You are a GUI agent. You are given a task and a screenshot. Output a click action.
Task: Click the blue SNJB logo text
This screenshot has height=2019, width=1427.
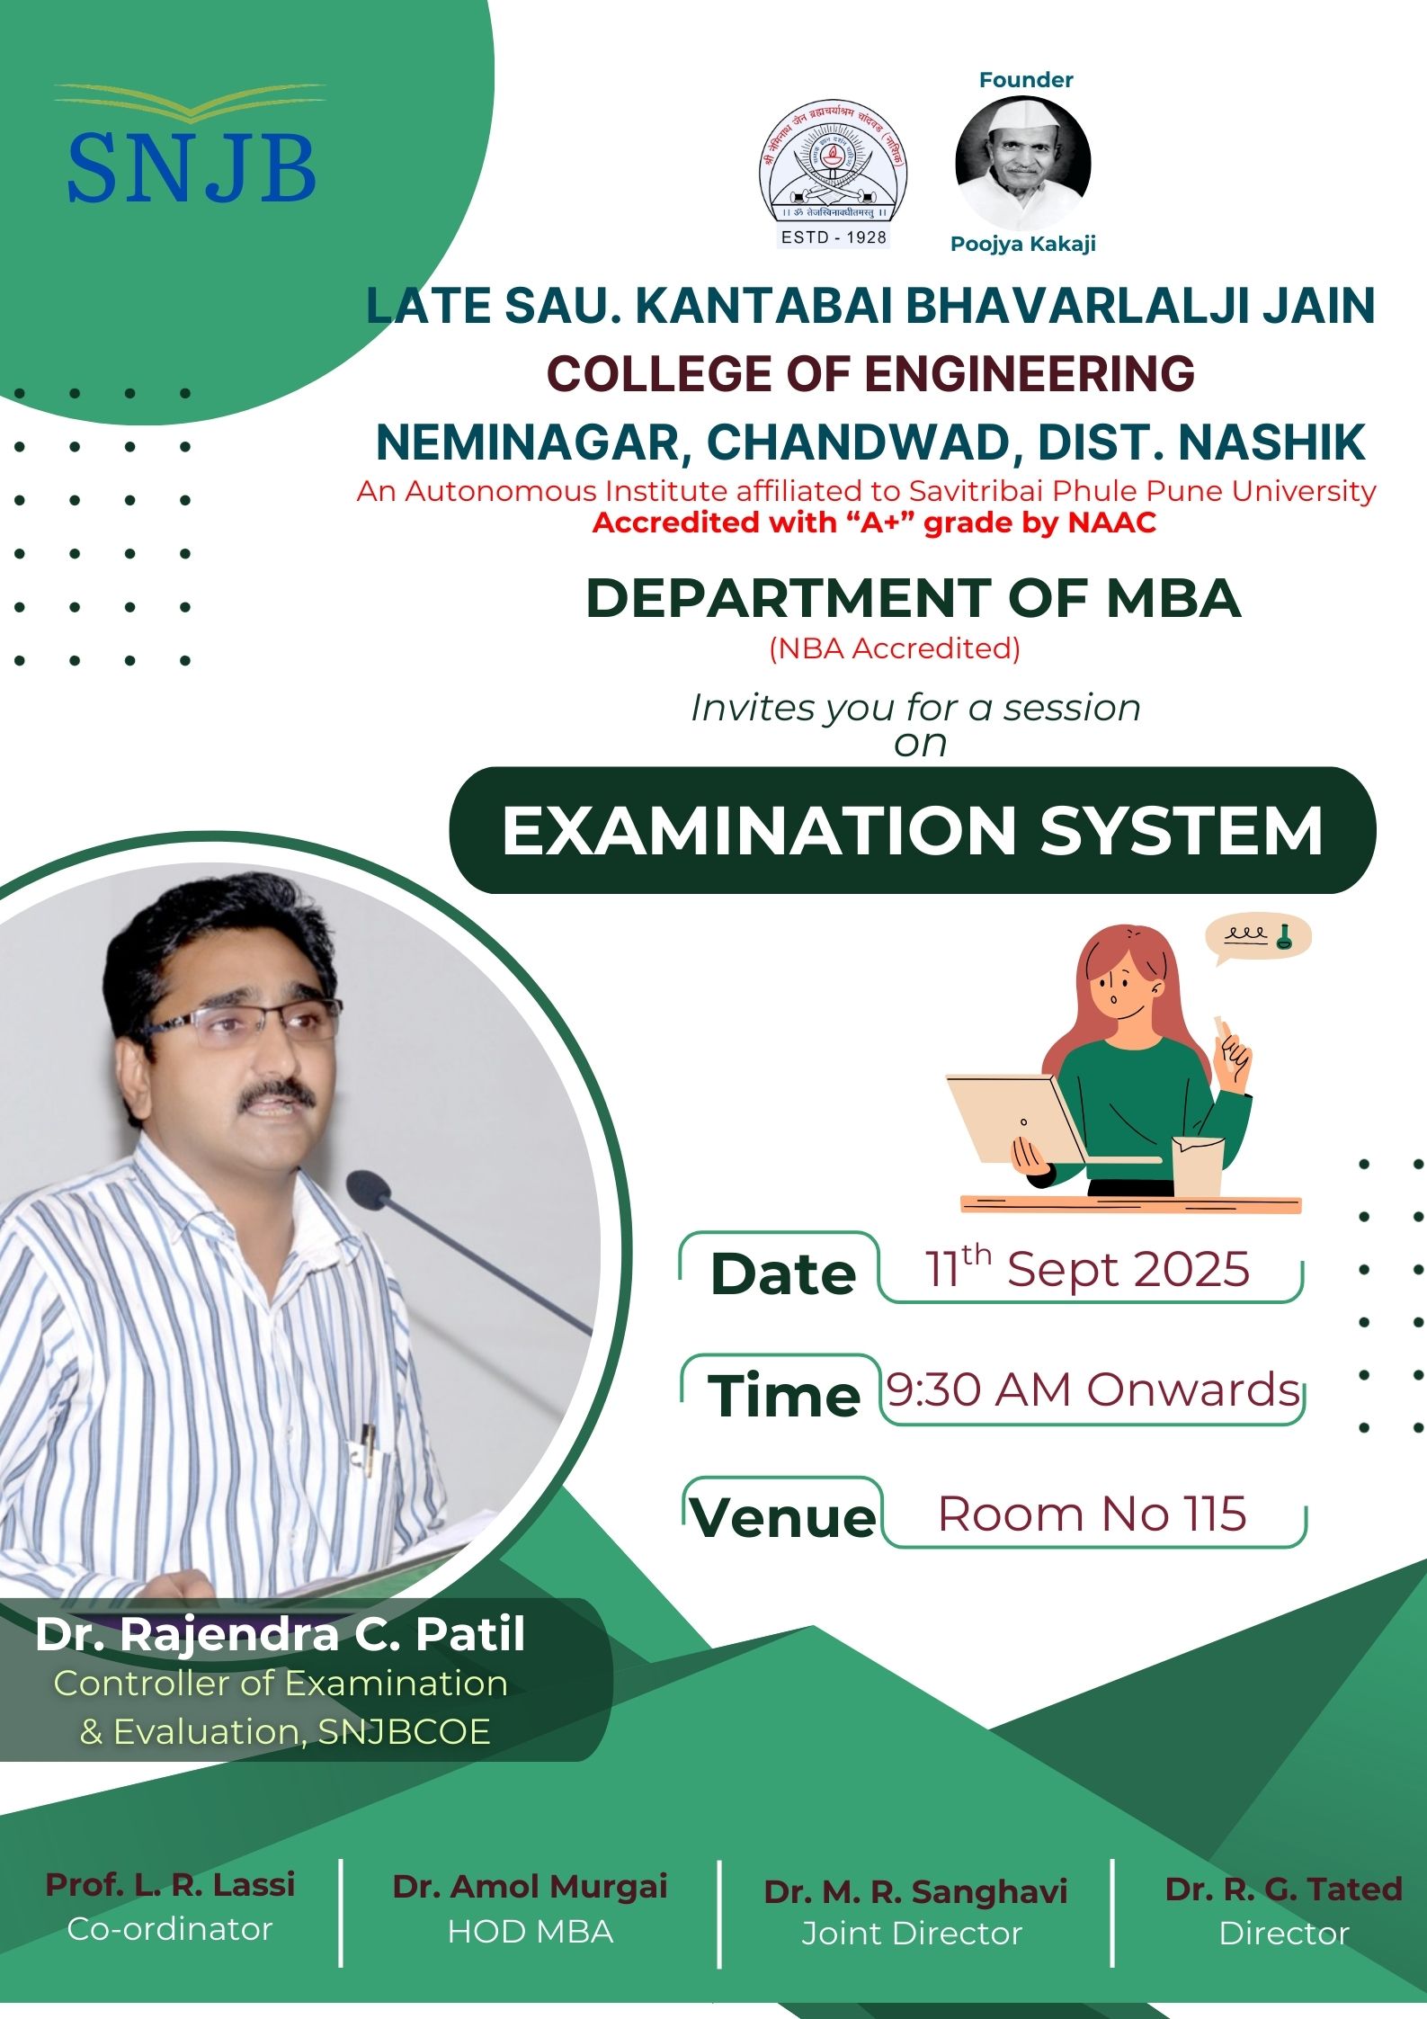192,168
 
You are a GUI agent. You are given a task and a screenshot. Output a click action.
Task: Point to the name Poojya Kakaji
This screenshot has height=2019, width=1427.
1023,244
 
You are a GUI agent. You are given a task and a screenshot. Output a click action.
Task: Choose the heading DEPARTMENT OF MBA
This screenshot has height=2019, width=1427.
913,599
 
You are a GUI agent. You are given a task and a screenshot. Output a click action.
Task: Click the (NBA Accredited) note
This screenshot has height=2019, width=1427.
895,648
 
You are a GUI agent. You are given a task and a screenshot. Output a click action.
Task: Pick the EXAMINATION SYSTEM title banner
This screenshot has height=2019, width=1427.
912,830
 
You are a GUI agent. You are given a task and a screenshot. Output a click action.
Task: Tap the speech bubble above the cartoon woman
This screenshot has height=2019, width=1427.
1258,938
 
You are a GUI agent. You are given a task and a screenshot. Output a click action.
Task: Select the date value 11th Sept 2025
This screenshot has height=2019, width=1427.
1088,1269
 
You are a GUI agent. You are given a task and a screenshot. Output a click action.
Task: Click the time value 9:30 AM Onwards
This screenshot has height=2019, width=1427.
1093,1390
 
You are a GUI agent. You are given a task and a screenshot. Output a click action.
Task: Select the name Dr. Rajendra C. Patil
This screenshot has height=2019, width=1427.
281,1634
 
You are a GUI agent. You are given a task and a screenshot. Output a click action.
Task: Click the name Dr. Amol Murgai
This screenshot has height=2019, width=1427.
530,1886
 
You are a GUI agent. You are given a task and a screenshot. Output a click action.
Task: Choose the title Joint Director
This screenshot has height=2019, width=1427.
912,1934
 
